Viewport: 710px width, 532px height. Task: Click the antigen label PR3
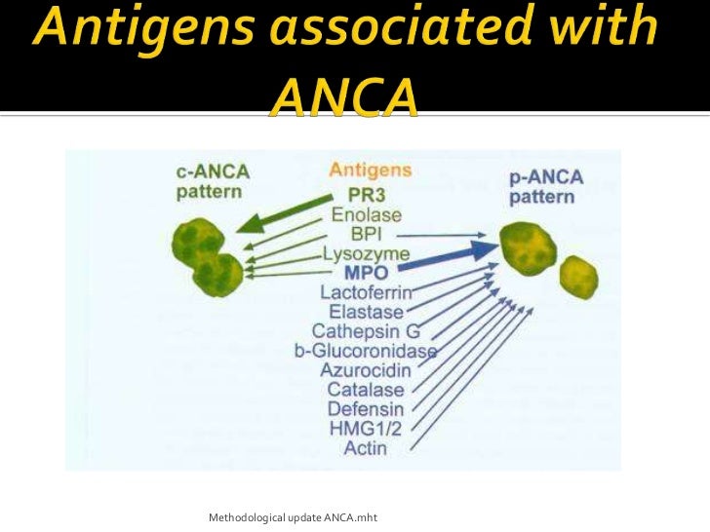(x=366, y=194)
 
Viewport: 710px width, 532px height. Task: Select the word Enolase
(x=366, y=213)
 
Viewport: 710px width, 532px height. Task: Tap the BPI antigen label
(x=366, y=234)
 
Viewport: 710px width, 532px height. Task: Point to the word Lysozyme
(x=366, y=253)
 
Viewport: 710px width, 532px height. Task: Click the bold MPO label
(x=366, y=272)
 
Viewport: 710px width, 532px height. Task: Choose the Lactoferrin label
(x=366, y=292)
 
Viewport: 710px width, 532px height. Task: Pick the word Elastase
(x=366, y=312)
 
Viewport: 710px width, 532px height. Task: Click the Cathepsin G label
(x=366, y=331)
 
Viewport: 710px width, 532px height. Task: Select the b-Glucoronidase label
(x=366, y=351)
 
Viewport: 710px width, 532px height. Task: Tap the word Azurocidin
(x=366, y=370)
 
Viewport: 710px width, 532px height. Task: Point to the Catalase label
(x=366, y=390)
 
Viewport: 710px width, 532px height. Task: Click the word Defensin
(x=366, y=409)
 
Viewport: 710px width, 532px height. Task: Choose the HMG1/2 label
(x=366, y=429)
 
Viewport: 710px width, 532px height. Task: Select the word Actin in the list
(x=366, y=448)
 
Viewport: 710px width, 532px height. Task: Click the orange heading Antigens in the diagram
(x=371, y=170)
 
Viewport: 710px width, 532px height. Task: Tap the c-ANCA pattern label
(x=213, y=181)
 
